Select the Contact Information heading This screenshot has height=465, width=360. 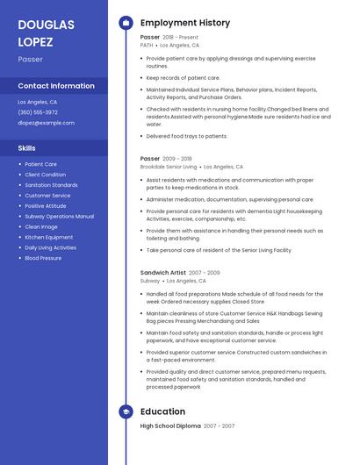[56, 86]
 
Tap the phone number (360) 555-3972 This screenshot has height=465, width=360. [38, 112]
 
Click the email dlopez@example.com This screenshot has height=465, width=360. [46, 123]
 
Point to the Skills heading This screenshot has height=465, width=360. [26, 147]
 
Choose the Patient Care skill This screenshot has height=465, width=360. [40, 164]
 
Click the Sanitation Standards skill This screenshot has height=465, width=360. [51, 185]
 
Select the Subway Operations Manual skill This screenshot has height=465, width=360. [59, 217]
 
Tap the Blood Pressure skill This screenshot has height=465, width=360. [43, 259]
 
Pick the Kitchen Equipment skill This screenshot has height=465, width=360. [48, 238]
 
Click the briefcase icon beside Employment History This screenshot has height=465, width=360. [126, 22]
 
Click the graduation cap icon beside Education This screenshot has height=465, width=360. [126, 411]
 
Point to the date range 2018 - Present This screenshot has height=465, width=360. [181, 38]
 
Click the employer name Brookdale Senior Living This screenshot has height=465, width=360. [169, 166]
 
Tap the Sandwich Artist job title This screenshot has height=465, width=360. [162, 273]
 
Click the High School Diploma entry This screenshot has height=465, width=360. [170, 426]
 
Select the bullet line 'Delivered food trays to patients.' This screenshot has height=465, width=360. [186, 136]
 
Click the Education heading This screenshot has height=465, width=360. [162, 411]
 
